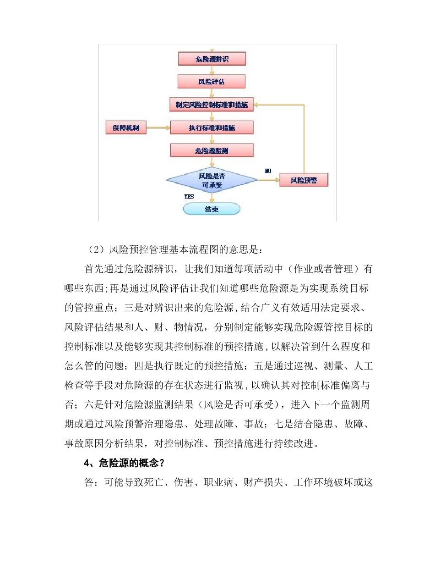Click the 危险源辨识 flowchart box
[212, 59]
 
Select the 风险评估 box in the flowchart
[212, 82]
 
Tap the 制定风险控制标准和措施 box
[212, 105]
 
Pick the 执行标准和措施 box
[212, 127]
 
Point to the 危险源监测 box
[212, 150]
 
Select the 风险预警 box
[303, 181]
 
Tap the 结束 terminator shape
[212, 210]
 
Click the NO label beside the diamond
[268, 171]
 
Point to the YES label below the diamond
[189, 196]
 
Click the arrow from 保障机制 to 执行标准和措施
[158, 127]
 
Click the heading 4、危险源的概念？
[125, 463]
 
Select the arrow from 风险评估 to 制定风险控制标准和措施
[212, 93]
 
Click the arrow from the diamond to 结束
[212, 198]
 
